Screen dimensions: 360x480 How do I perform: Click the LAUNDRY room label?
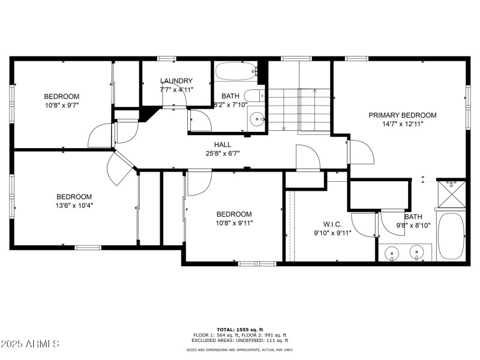point(176,81)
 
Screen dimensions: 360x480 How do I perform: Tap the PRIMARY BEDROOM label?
point(403,115)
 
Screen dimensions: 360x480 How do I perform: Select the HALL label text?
point(223,145)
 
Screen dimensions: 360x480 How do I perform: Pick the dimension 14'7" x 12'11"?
point(403,124)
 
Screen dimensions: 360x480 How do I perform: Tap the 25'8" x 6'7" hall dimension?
point(223,153)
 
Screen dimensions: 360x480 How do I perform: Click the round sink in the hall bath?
point(258,119)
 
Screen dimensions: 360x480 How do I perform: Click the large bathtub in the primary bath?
point(451,235)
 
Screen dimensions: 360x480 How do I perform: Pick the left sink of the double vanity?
point(392,253)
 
